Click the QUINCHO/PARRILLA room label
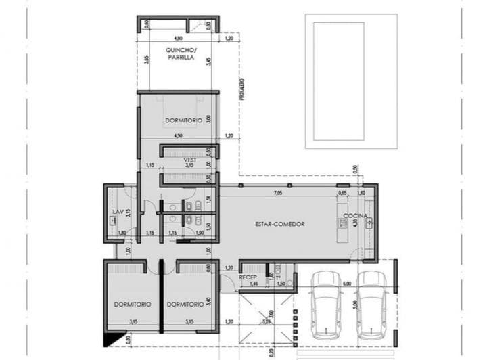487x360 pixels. [x=181, y=55]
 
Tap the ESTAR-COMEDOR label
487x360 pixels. [x=280, y=223]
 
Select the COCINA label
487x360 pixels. [x=355, y=216]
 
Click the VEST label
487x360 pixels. [x=189, y=160]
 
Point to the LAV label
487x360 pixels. [x=116, y=212]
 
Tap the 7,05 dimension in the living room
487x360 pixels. [x=277, y=193]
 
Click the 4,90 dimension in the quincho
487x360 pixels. [x=178, y=38]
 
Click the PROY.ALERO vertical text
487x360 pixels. [x=241, y=89]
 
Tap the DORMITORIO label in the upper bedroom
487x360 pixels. [x=184, y=120]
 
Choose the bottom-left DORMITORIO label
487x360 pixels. [x=132, y=304]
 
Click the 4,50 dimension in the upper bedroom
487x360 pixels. [x=178, y=136]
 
